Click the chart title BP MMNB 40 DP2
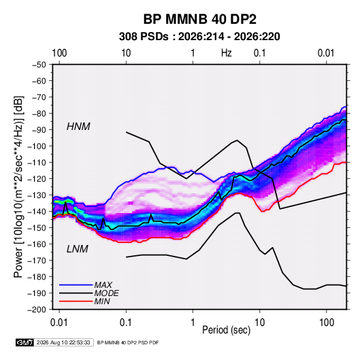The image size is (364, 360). pos(199,19)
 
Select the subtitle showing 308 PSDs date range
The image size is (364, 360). pos(199,37)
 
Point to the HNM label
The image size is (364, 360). pos(78,127)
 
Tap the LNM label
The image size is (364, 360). pos(78,249)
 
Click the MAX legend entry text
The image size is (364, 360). pos(103,285)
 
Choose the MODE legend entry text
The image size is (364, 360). pos(107,293)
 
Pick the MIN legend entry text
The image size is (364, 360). pos(102,301)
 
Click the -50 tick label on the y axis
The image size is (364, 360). pos(39,65)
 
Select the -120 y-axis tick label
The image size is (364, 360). pos(37,179)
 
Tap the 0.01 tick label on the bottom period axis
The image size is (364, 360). pos(59,323)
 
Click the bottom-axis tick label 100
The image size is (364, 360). pos(327,323)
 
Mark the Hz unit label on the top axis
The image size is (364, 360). pos(227,53)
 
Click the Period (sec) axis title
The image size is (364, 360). pos(227,330)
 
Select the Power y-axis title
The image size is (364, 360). pos(18,187)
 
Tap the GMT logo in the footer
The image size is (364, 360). pos(24,342)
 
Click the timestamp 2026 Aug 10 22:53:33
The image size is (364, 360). pos(63,342)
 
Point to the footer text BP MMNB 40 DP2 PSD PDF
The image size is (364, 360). pos(128,342)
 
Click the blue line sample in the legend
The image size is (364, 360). pos(76,285)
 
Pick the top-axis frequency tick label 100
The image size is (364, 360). pos(59,53)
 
